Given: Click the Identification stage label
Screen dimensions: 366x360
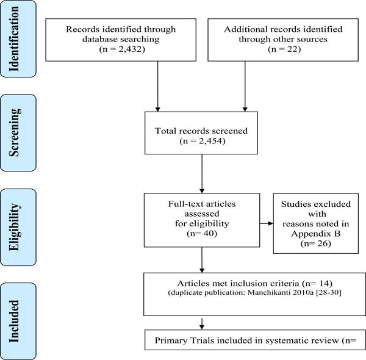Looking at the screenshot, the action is click(x=14, y=39).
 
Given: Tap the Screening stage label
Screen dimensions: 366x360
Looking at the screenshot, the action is click(x=15, y=132).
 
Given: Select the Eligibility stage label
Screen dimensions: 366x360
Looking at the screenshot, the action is click(x=15, y=227).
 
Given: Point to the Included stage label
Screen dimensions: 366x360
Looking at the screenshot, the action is click(x=14, y=321).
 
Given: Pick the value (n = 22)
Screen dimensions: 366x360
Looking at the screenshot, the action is click(x=284, y=49).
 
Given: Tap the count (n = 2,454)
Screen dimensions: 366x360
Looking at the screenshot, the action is click(x=203, y=141).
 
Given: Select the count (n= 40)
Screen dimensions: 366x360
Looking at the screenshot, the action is click(x=202, y=234).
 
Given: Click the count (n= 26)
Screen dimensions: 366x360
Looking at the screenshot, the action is click(x=316, y=243).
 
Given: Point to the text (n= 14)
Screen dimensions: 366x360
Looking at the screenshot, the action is click(x=317, y=284).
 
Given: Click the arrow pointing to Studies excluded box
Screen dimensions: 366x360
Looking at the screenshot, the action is click(x=267, y=223).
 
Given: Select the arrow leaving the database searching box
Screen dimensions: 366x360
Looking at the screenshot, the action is click(x=158, y=87).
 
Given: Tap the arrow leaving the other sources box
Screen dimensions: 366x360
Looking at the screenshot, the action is click(x=245, y=87).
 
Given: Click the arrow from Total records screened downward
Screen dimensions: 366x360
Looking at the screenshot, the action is click(x=202, y=173).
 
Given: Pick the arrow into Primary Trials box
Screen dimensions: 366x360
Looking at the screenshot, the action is click(x=202, y=323).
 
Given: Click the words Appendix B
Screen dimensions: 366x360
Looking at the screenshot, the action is click(x=316, y=234).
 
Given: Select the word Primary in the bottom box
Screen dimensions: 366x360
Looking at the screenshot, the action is click(x=171, y=340).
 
